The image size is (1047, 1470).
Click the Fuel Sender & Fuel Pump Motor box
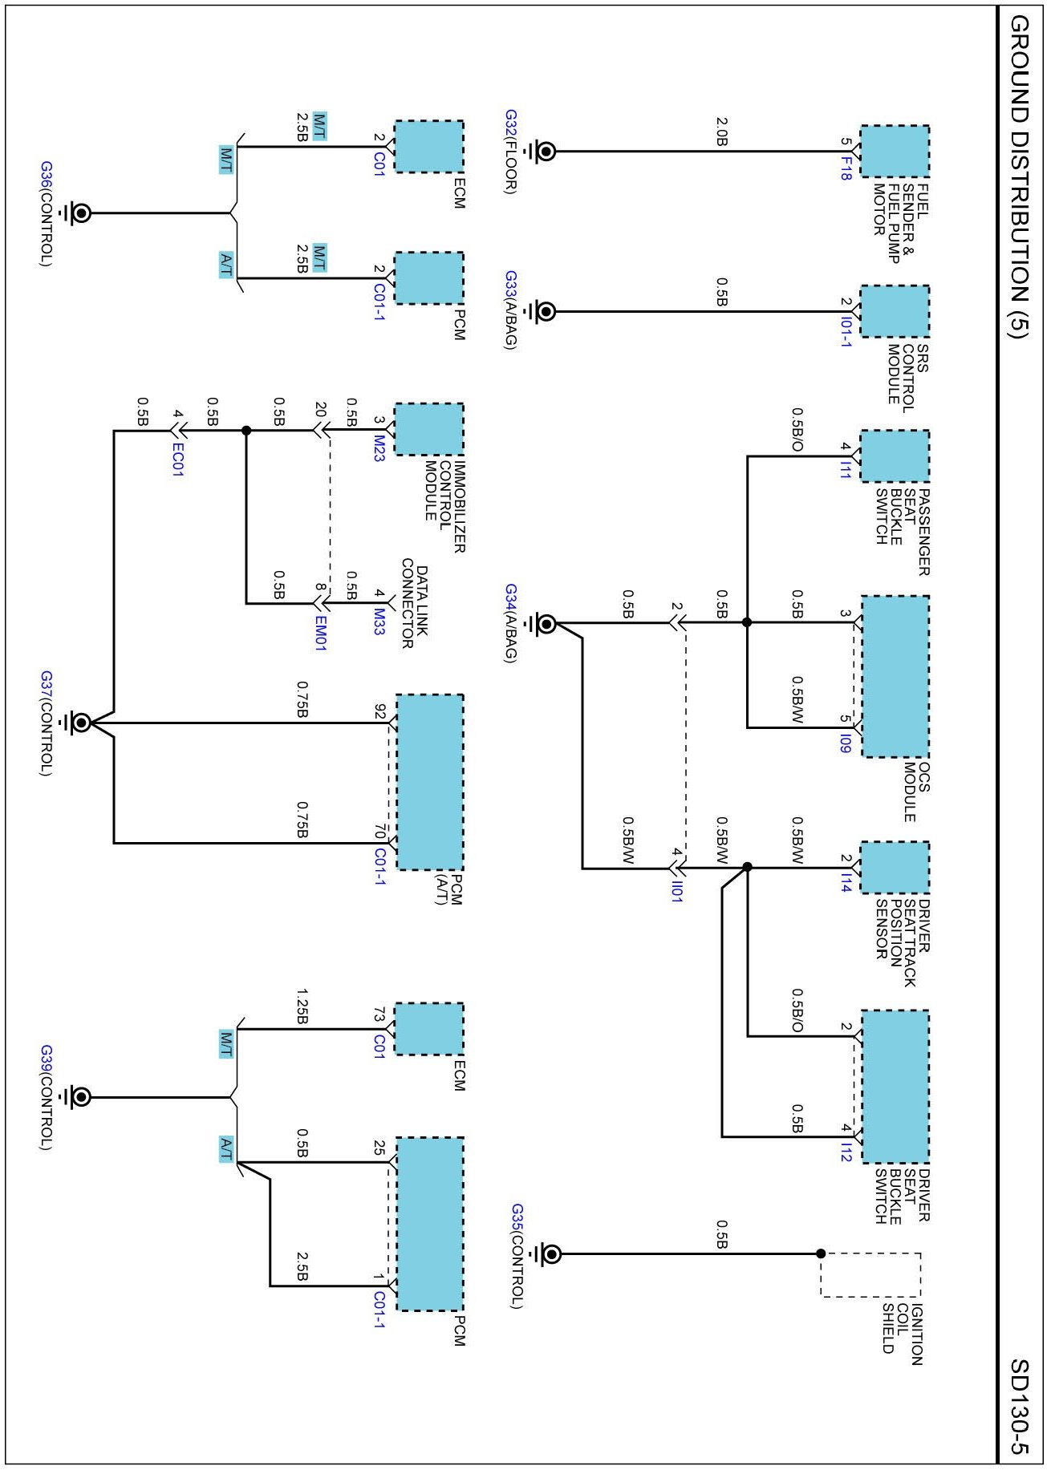(x=895, y=151)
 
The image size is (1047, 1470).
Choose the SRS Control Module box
(x=895, y=311)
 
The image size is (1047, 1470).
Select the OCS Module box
(x=895, y=675)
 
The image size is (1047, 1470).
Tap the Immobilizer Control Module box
(x=429, y=429)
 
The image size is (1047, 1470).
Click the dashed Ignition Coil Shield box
(x=870, y=1274)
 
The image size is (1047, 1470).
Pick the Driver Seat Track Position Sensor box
(x=895, y=867)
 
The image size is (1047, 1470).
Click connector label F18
(x=846, y=168)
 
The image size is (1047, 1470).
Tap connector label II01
(x=677, y=892)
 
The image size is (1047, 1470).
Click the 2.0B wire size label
(x=721, y=132)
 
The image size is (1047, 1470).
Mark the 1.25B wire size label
(x=302, y=1006)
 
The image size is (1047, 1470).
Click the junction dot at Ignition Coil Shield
(x=821, y=1253)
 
